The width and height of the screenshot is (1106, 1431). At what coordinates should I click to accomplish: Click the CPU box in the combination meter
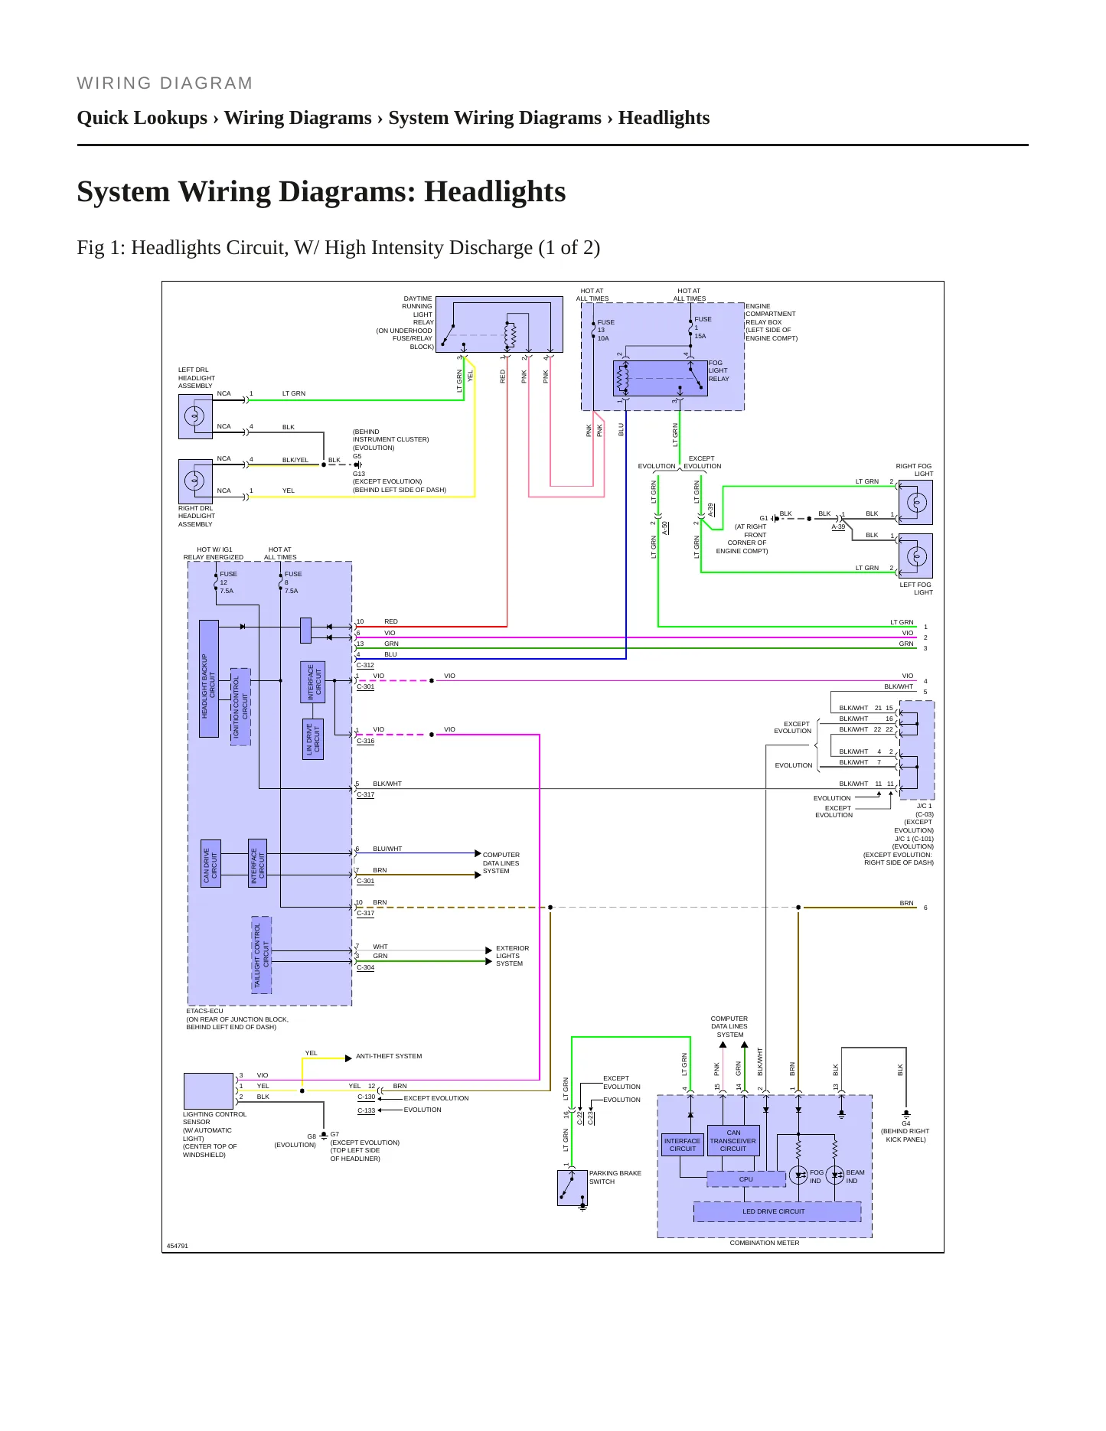(746, 1179)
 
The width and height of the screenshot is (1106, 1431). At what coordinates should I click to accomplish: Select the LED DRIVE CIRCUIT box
(777, 1211)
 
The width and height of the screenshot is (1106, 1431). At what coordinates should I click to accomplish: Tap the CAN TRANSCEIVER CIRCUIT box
(733, 1140)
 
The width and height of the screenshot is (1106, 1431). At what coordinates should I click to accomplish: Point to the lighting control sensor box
(208, 1090)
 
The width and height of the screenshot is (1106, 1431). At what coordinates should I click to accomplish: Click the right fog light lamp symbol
(915, 503)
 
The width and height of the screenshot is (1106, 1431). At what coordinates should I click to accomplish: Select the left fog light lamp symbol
(915, 556)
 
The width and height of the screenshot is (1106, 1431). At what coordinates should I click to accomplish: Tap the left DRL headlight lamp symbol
(195, 416)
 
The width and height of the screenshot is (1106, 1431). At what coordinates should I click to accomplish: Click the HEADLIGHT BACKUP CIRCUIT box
(209, 679)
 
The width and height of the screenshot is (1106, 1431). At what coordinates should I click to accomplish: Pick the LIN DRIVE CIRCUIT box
(314, 739)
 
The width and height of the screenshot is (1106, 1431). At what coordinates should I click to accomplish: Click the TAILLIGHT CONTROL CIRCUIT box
(262, 955)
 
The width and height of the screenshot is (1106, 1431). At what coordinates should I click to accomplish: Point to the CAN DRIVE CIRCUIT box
(210, 863)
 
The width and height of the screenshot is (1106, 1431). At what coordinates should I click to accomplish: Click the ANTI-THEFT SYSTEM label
(389, 1056)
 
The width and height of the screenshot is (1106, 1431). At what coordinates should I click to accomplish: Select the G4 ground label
(905, 1123)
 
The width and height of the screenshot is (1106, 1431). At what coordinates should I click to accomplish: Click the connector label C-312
(366, 665)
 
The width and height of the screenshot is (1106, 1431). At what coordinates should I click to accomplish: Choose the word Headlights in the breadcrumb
(664, 118)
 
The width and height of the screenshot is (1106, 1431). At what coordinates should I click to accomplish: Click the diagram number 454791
(178, 1246)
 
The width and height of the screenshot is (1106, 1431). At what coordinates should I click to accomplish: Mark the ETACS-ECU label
(204, 1011)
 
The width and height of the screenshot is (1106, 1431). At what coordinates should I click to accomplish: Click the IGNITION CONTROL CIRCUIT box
(240, 706)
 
